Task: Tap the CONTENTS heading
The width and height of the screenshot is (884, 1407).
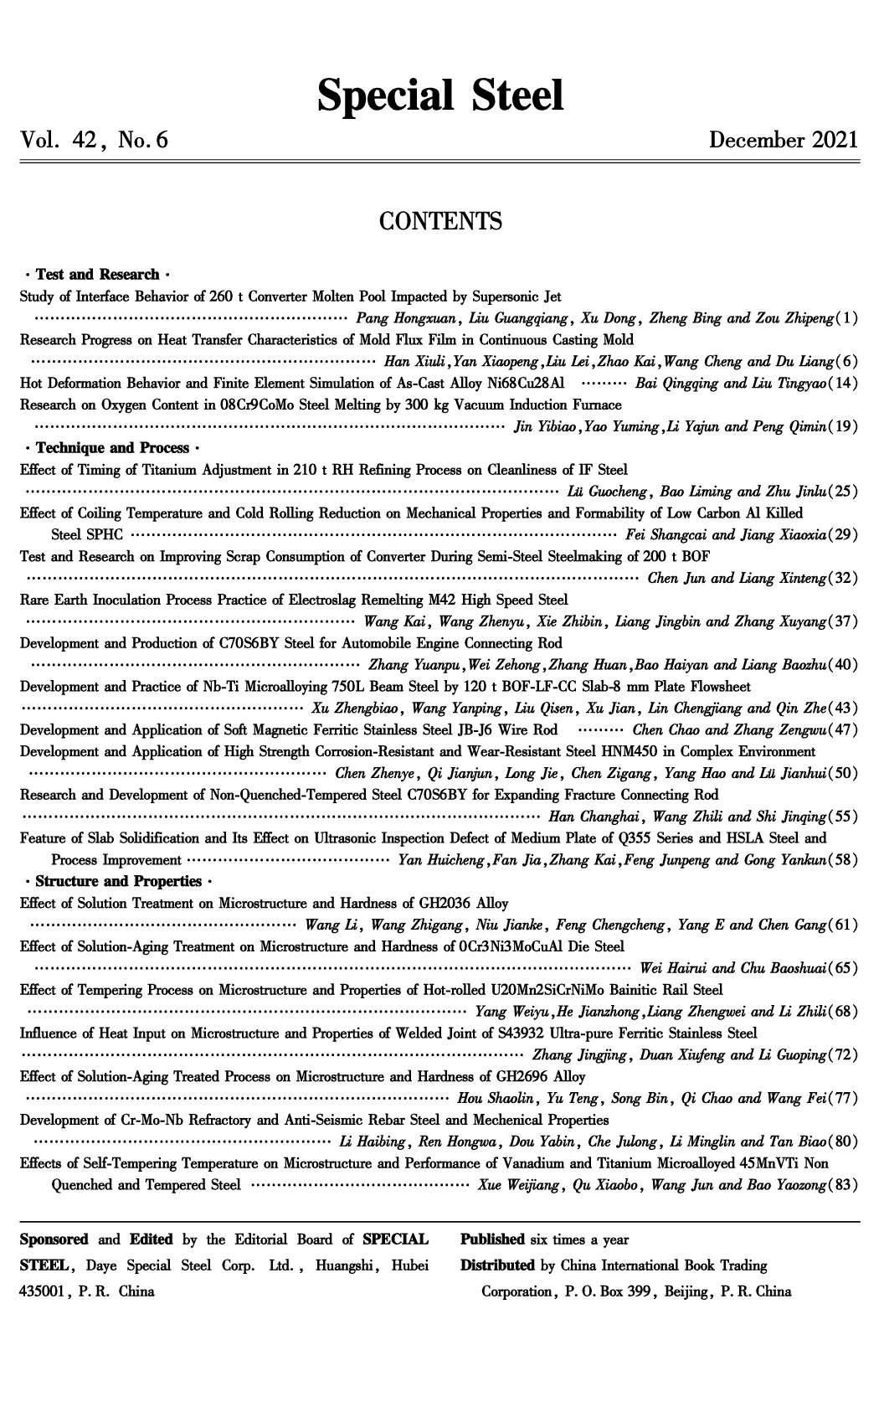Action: [440, 222]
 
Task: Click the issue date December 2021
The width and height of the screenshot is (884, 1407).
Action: [784, 140]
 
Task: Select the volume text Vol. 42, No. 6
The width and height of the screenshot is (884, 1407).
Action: [95, 140]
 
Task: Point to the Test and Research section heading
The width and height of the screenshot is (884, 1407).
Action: [97, 275]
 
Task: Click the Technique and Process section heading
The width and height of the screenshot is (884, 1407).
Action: [112, 448]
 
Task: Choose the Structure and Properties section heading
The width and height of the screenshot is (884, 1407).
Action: [118, 881]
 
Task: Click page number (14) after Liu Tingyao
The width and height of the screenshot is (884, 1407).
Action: [843, 384]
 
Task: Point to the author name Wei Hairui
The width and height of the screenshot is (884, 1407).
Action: [671, 968]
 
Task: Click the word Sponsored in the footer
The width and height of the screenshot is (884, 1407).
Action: [54, 1239]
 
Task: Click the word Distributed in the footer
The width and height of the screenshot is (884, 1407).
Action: [496, 1265]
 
